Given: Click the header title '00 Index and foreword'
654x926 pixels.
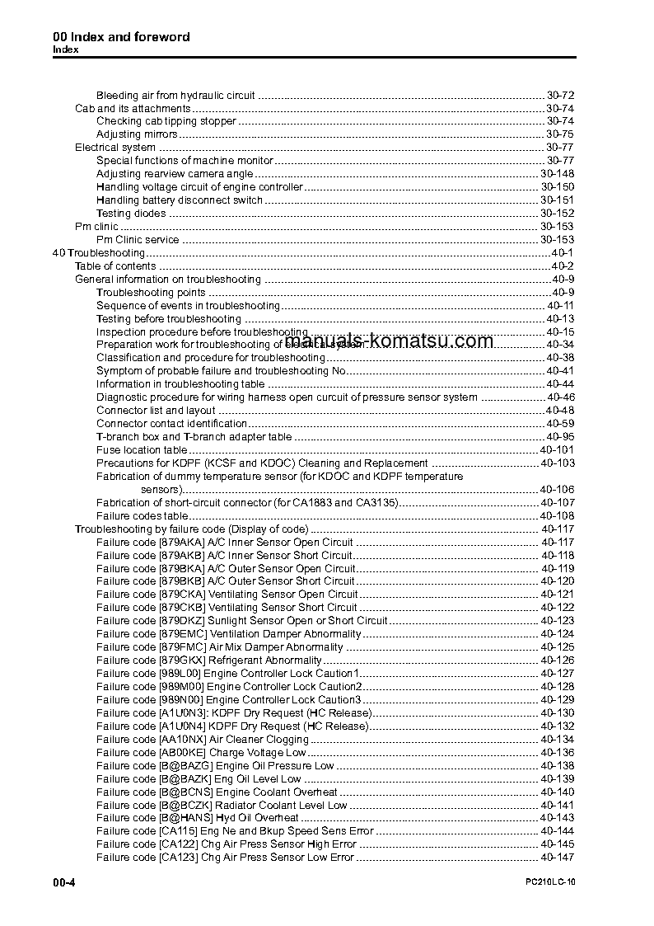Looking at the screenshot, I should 121,37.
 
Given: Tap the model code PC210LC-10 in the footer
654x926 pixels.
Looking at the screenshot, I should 549,883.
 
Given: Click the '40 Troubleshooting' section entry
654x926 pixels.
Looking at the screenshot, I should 98,253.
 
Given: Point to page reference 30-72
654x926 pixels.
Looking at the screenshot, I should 560,96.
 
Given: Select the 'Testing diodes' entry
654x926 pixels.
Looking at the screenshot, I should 131,214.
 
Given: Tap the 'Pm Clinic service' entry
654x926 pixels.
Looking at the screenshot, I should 138,240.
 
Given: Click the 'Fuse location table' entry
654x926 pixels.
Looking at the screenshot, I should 142,450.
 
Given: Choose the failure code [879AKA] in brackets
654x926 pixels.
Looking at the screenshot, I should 181,543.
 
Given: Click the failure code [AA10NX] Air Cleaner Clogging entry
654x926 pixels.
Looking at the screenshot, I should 203,740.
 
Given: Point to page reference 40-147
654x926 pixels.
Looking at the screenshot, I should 558,858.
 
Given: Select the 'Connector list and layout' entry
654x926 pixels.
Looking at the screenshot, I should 156,411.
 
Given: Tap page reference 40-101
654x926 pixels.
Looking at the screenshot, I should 558,450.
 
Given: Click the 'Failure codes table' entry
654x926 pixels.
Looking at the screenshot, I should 137,516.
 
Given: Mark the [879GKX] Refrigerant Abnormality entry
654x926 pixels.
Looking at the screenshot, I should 209,660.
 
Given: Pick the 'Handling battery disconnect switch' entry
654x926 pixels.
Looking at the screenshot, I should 180,200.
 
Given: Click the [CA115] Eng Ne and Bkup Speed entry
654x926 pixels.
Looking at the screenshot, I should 235,831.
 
